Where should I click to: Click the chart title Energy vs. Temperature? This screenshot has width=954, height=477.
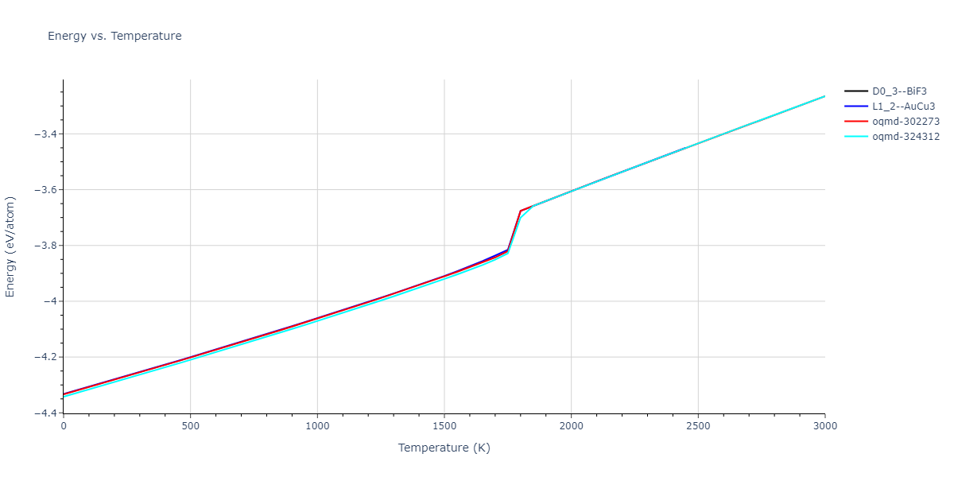114,36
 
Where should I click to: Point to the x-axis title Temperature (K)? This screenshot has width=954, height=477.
444,448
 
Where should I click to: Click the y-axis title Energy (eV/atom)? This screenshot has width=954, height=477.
11,246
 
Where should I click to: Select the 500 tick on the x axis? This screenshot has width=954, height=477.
190,426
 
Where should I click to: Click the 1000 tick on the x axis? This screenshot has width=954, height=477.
317,426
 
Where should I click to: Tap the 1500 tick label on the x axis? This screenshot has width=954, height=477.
444,426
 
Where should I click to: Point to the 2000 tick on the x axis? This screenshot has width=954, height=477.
571,426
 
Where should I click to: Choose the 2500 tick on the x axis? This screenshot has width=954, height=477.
698,426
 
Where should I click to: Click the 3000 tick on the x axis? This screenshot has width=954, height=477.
824,426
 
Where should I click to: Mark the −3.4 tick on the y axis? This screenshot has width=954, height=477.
45,134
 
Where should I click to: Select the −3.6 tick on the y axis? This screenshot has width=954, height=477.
45,190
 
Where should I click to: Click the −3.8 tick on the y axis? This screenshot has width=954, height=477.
45,246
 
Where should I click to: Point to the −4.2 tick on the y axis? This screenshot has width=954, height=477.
45,357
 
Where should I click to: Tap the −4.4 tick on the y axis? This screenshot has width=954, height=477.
45,413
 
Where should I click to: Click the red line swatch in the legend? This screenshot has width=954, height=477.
856,122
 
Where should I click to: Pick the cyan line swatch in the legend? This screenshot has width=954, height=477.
856,137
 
